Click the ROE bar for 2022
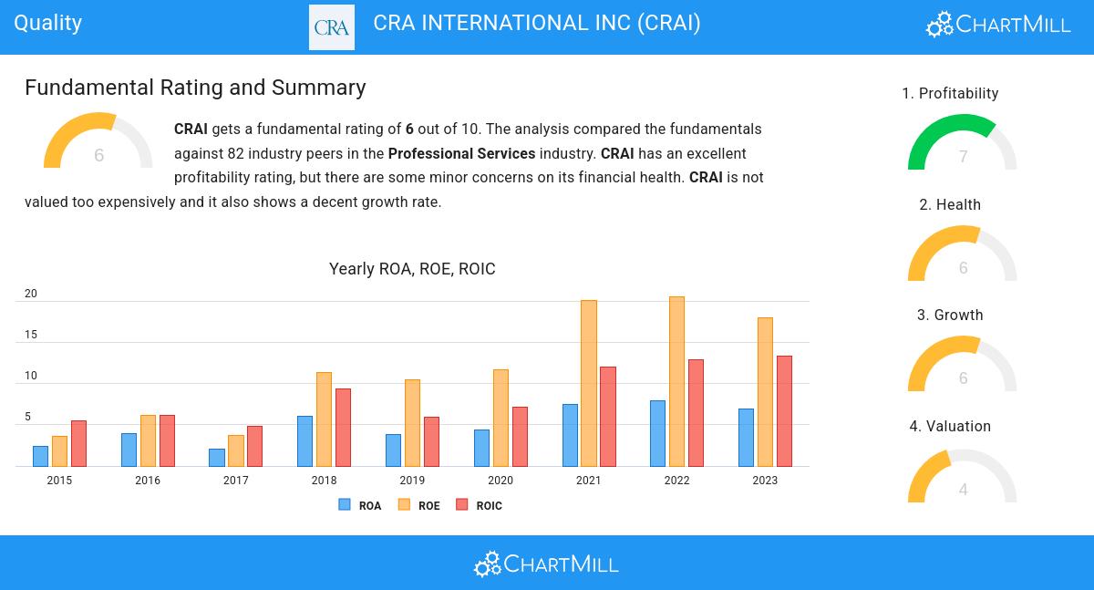676,381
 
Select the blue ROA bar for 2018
304,441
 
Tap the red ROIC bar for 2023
784,410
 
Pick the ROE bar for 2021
588,383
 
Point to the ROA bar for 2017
217,457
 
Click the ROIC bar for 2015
78,443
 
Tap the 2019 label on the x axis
412,481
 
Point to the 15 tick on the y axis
31,335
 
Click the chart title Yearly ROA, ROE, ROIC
412,269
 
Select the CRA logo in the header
332,26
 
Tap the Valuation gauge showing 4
962,479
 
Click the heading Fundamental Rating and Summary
195,88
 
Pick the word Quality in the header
47,23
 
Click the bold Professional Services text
461,153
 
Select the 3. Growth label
950,316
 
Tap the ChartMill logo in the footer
546,564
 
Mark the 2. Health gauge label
950,205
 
